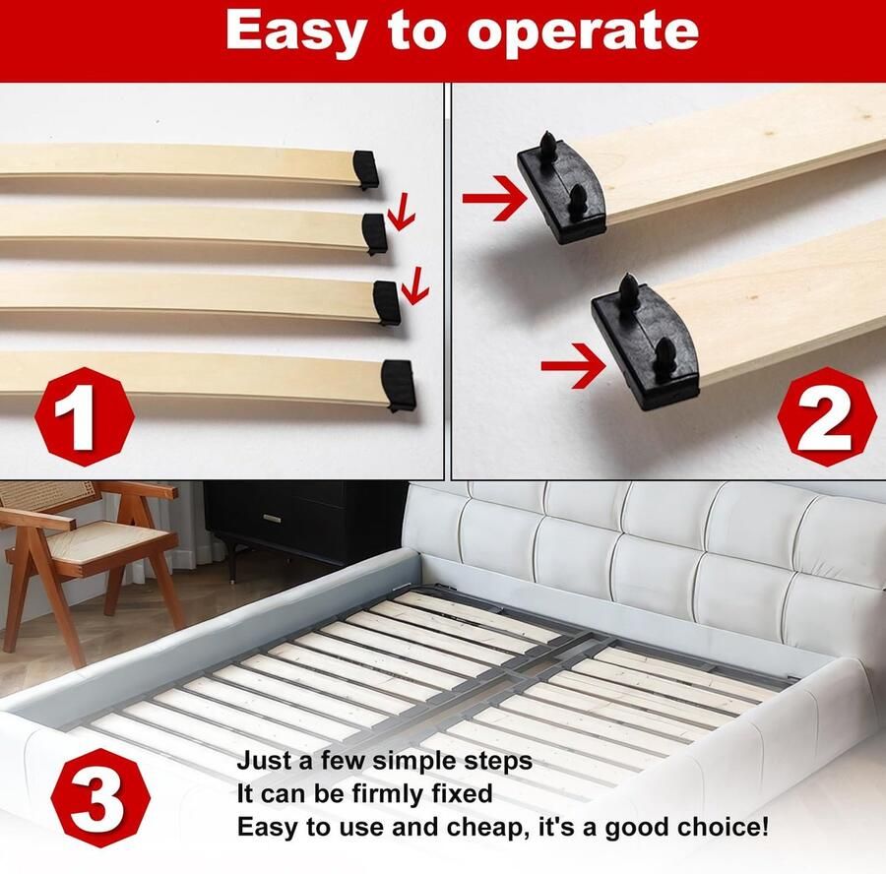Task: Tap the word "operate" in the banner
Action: (x=583, y=33)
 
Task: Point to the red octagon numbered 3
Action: (x=101, y=798)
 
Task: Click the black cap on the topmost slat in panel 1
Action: (x=365, y=169)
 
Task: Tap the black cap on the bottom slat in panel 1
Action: (x=400, y=386)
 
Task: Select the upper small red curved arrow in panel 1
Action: (x=402, y=212)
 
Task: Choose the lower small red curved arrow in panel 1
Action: (x=415, y=284)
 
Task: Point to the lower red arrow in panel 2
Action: (x=574, y=366)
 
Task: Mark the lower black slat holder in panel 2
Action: (x=645, y=343)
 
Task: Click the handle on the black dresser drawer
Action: (x=272, y=518)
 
